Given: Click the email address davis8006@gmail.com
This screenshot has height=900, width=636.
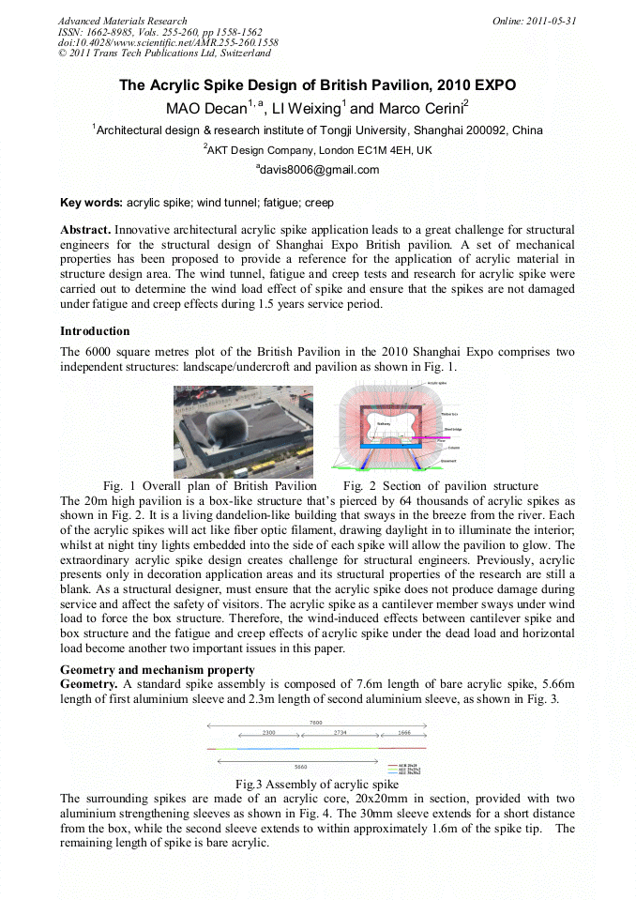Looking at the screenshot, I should click(x=317, y=170).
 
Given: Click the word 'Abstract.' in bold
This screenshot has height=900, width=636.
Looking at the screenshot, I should click(x=85, y=230).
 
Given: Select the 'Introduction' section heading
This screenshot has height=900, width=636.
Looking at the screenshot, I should click(x=95, y=331).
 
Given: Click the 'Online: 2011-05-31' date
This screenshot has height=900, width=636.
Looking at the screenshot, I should click(x=535, y=21).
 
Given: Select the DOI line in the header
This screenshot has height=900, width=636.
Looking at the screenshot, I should click(x=168, y=43).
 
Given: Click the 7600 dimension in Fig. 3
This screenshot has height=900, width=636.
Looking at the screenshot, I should click(x=317, y=723).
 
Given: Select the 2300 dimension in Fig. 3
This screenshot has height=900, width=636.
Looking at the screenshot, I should click(x=268, y=732).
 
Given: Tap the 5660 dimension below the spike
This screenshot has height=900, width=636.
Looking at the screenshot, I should click(x=300, y=766).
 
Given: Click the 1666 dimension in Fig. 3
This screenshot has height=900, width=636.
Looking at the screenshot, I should click(x=403, y=732).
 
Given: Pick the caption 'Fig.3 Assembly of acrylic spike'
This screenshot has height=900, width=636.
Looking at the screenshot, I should click(x=317, y=784).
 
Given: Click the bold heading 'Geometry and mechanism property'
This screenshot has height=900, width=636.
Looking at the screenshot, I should click(x=157, y=669).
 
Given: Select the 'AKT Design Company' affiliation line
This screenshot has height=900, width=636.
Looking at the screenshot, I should click(x=317, y=150).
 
